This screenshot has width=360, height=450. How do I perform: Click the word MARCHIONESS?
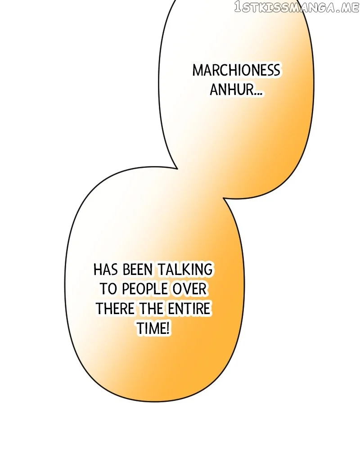click(236, 71)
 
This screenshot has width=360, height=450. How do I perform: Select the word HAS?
click(105, 270)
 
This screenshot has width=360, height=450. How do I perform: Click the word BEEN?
click(138, 270)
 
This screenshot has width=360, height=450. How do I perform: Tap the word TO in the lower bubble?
click(108, 289)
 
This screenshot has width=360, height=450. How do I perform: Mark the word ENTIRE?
click(189, 309)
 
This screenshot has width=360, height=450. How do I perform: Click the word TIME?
click(150, 328)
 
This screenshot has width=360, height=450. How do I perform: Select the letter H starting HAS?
click(98, 270)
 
